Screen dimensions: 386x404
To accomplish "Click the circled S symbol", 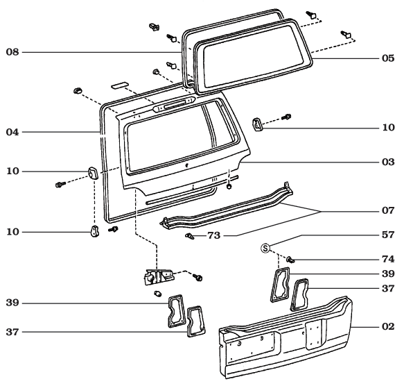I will pos(265,247).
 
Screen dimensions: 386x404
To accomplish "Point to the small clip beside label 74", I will pos(291,259).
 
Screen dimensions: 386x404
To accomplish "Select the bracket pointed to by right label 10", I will pos(257,124).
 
